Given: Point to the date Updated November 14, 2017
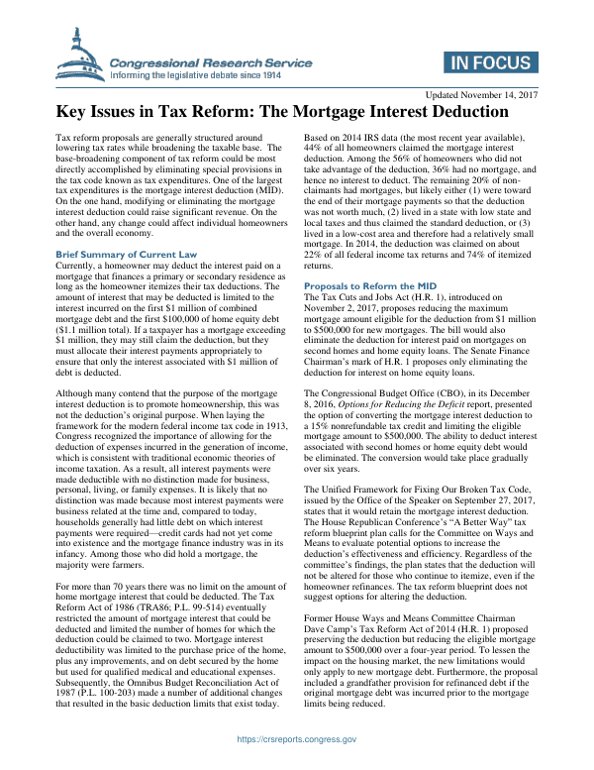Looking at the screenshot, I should pyautogui.click(x=480, y=94).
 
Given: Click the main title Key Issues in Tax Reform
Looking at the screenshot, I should pyautogui.click(x=296, y=113).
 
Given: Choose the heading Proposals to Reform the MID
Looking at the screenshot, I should pyautogui.click(x=365, y=285).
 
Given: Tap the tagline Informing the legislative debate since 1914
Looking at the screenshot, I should pyautogui.click(x=196, y=74).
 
